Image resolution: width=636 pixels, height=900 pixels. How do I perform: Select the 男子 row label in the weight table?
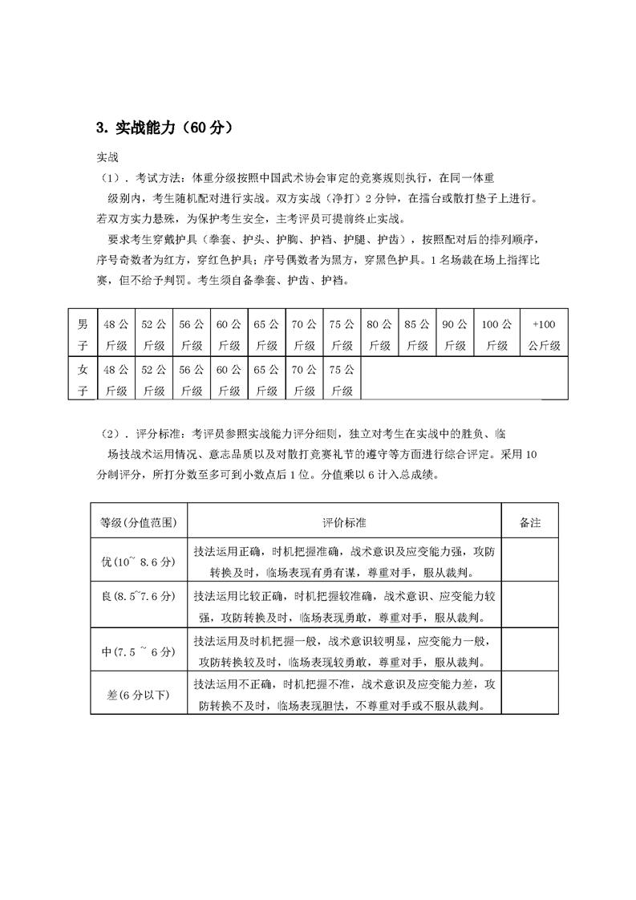83,334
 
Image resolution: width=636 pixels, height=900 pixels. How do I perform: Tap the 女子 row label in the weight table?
83,379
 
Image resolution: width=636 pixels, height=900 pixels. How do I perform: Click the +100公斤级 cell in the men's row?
544,334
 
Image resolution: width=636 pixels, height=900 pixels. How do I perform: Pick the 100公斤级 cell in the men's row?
496,334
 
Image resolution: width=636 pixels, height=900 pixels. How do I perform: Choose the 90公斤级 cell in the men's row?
454,334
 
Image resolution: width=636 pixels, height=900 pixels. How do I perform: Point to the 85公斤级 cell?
417,334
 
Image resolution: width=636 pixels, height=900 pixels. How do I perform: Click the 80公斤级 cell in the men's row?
379,334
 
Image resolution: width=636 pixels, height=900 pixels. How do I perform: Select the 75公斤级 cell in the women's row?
342,379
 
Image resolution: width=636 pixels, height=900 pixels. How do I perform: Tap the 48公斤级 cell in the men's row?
115,334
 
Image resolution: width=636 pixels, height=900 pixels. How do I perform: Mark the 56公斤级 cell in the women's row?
191,379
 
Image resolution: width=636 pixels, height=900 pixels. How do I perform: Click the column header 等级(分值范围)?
139,522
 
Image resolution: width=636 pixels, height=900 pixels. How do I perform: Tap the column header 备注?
530,522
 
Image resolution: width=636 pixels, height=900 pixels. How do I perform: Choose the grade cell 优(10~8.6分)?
139,561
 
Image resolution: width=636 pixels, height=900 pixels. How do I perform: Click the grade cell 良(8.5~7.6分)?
139,606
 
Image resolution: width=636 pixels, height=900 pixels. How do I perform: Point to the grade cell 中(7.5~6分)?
139,651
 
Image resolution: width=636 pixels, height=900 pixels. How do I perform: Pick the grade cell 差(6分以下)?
139,695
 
